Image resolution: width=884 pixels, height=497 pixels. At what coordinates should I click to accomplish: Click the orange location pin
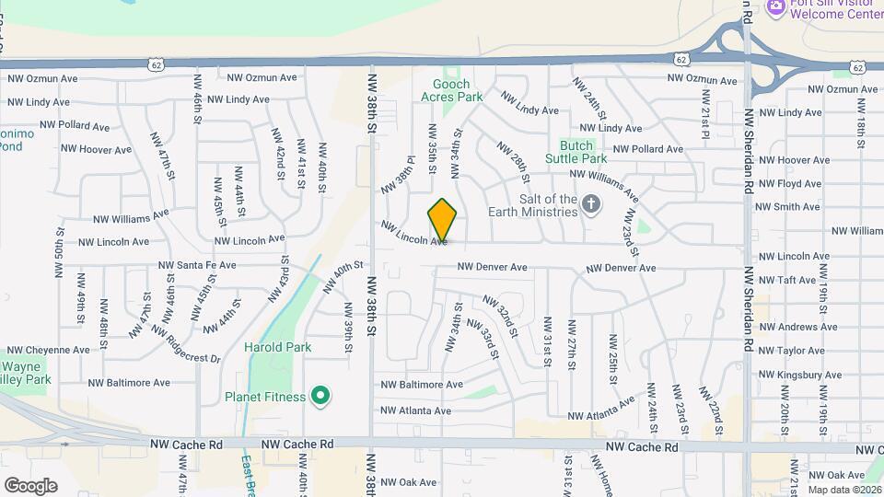443,220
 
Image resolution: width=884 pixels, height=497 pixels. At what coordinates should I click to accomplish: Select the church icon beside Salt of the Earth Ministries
591,204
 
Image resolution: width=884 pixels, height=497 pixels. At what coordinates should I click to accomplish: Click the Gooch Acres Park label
451,90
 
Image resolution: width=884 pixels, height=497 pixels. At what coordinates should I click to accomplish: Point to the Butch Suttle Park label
576,153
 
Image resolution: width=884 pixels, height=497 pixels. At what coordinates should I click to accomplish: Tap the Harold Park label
277,347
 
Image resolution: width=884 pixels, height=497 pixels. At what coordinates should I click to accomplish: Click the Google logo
30,485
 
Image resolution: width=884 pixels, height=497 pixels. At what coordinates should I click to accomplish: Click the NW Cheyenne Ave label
52,350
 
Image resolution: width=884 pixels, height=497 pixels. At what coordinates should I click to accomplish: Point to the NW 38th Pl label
396,174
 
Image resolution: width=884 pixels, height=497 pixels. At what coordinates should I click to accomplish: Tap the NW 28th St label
513,156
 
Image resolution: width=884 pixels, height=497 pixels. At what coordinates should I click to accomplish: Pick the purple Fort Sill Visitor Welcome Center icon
775,6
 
